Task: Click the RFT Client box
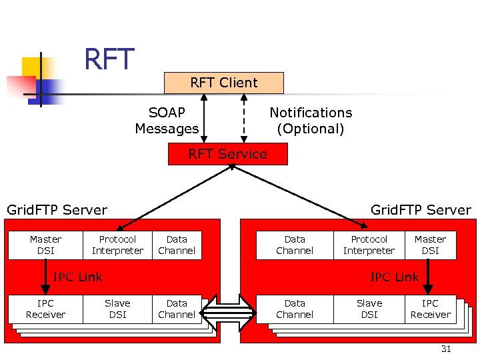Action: click(223, 83)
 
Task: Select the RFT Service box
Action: click(227, 154)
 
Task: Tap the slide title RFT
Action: click(109, 60)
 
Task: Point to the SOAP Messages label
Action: click(167, 121)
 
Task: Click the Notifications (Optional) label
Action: click(310, 121)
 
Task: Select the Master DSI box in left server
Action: click(45, 245)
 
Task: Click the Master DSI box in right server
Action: click(430, 245)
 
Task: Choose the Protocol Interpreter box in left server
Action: click(117, 245)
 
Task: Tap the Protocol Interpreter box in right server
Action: click(369, 245)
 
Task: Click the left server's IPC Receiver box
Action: click(45, 309)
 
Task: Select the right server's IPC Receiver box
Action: click(430, 309)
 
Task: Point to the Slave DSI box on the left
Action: click(117, 309)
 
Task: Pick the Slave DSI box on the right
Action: click(369, 309)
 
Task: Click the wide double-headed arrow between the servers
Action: click(229, 312)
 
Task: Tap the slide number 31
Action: click(446, 349)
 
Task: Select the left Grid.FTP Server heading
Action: click(57, 211)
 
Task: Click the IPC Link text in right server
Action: click(394, 277)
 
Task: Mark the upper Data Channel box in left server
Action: click(177, 245)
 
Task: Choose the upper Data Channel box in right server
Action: click(295, 245)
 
